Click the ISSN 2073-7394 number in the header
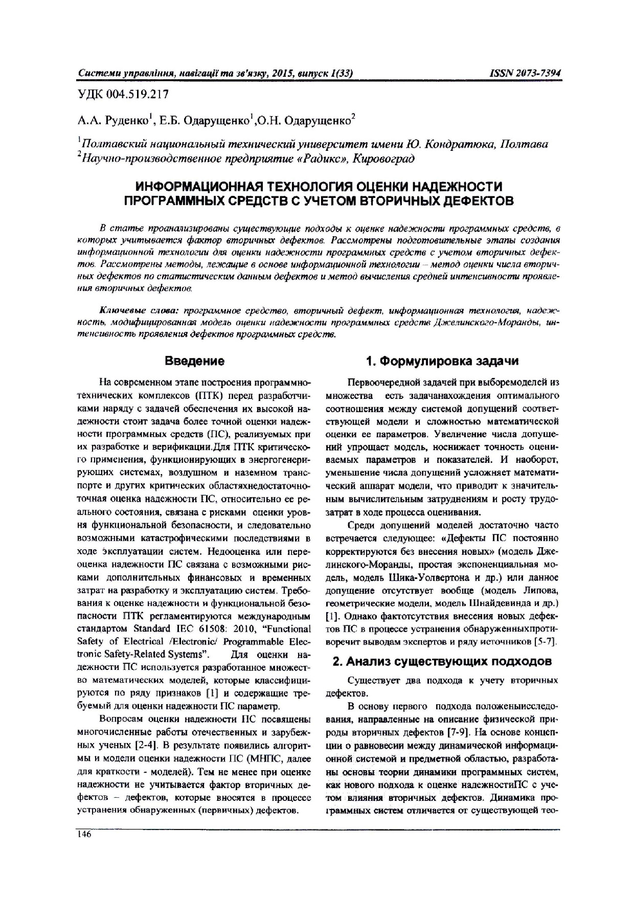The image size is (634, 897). coord(526,74)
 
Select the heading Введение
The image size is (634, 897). coord(194,362)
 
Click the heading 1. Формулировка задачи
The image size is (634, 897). coord(442,362)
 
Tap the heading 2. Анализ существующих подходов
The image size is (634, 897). coord(442,661)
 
